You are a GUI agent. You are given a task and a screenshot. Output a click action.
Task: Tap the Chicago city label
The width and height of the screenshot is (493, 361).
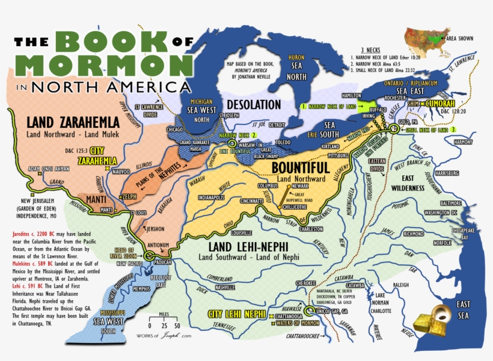[x=176, y=129]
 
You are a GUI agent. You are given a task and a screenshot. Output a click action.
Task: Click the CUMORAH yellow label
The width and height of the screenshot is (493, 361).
[x=438, y=103]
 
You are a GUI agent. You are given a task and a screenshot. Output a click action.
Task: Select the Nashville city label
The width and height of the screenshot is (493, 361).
[x=224, y=287]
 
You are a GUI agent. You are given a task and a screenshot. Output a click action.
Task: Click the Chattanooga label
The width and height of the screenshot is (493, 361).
[x=290, y=316]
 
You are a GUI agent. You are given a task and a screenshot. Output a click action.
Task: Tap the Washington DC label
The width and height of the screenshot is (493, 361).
[x=441, y=212]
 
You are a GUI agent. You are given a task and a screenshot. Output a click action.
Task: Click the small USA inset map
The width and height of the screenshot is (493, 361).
[x=424, y=40]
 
